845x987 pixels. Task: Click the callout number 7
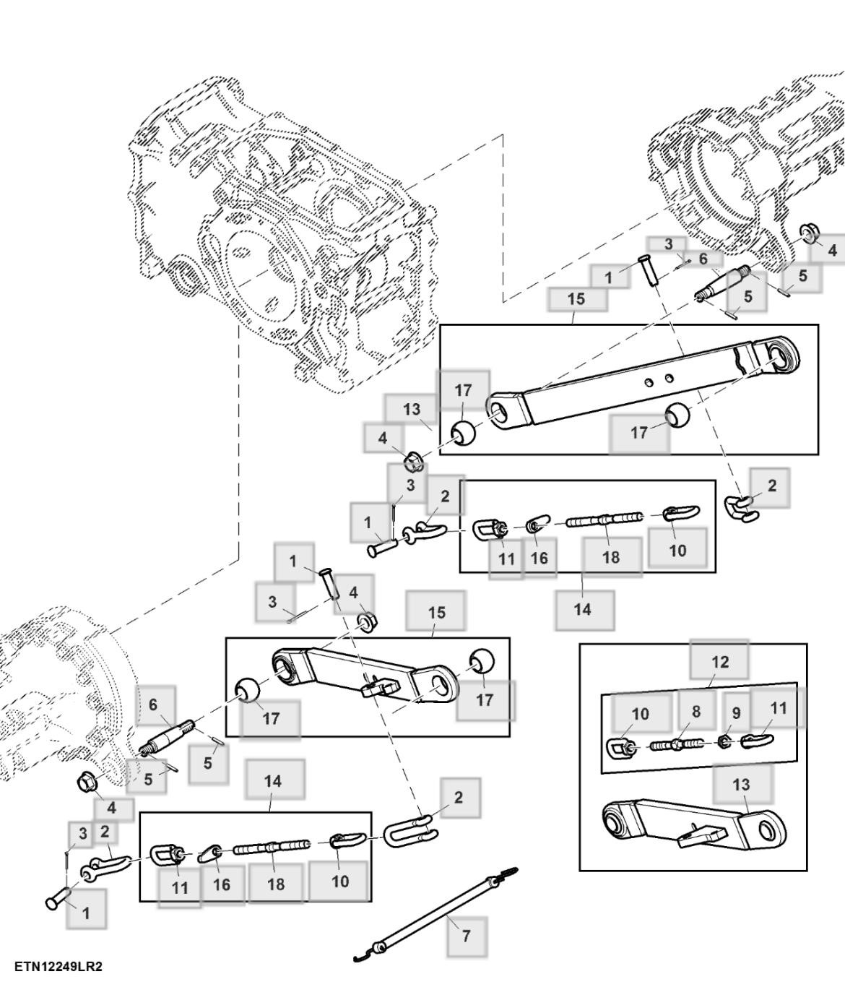click(x=466, y=936)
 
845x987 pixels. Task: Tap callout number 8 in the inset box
click(x=695, y=712)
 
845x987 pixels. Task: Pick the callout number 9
click(x=736, y=713)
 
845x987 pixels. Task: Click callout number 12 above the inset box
click(x=720, y=662)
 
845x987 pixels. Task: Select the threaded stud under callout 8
click(x=676, y=744)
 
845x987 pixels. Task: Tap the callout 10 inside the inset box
click(x=641, y=714)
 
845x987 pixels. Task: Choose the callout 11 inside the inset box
click(x=778, y=708)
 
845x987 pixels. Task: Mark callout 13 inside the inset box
click(x=742, y=784)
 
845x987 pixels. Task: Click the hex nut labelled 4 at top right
click(x=808, y=233)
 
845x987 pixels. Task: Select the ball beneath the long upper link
click(x=677, y=416)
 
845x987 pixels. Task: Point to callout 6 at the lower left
click(x=153, y=704)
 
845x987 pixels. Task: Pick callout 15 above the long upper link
click(x=576, y=298)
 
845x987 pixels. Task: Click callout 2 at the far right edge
click(x=772, y=486)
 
